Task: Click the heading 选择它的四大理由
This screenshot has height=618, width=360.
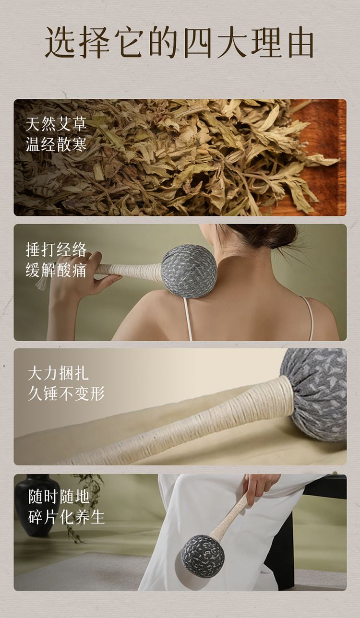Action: pyautogui.click(x=180, y=42)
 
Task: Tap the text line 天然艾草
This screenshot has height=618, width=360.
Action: pyautogui.click(x=56, y=124)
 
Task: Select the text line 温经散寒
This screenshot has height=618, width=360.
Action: pyautogui.click(x=56, y=144)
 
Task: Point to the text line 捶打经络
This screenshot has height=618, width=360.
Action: pyautogui.click(x=56, y=250)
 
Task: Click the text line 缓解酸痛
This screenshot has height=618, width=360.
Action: pyautogui.click(x=56, y=270)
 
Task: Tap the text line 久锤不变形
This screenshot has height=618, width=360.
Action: pyautogui.click(x=66, y=393)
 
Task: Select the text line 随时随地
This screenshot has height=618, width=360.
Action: pyautogui.click(x=59, y=497)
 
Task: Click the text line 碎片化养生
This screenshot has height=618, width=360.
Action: pyautogui.click(x=66, y=517)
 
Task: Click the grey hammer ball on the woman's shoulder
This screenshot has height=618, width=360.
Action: pyautogui.click(x=189, y=272)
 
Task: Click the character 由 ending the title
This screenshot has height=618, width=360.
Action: pyautogui.click(x=301, y=43)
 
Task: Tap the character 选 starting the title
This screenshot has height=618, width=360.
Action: pyautogui.click(x=60, y=43)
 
